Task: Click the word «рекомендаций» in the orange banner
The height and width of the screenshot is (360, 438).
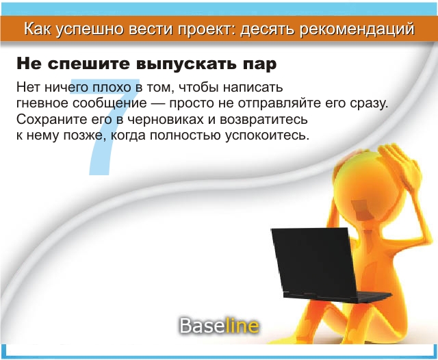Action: (357, 29)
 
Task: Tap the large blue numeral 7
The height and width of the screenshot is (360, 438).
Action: (103, 127)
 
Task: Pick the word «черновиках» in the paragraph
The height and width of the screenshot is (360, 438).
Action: (165, 120)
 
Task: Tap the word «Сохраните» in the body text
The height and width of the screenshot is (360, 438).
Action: (52, 120)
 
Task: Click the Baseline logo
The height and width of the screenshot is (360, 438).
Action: (219, 326)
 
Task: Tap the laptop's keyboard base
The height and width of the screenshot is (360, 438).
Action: (338, 297)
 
